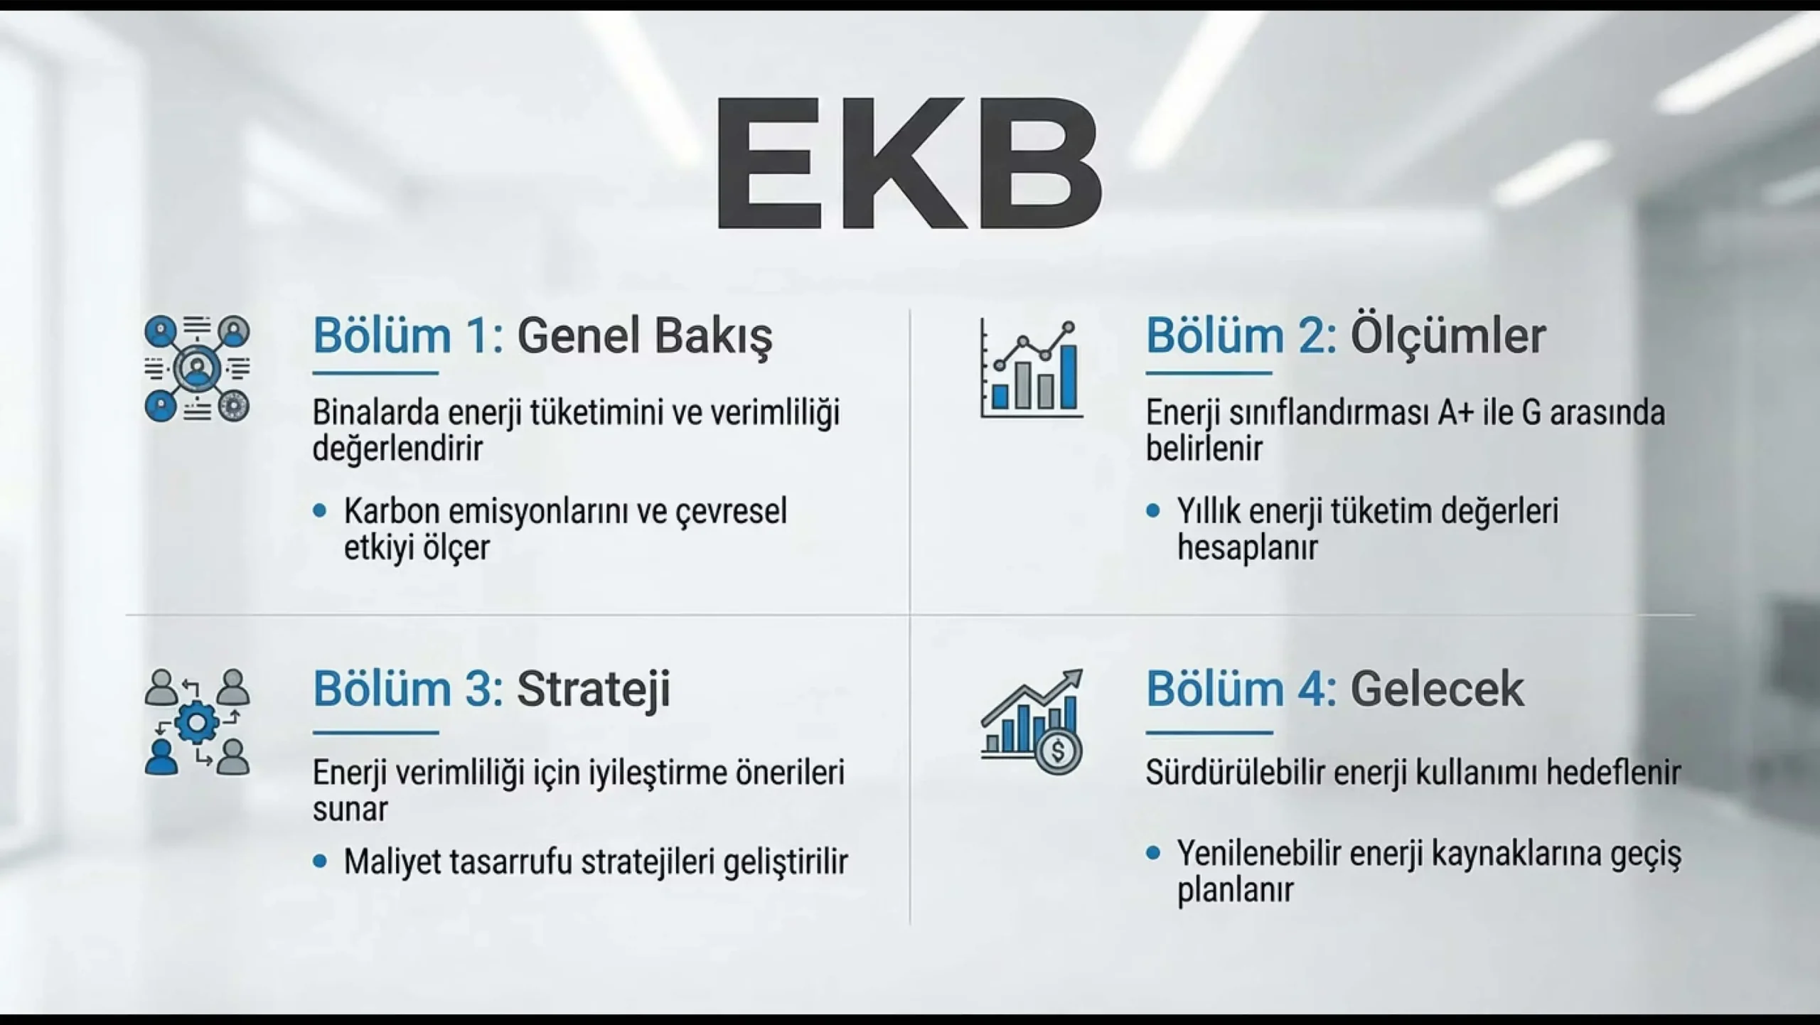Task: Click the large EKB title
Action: [x=909, y=163]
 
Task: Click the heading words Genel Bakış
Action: [x=644, y=337]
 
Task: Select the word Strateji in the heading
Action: [x=594, y=689]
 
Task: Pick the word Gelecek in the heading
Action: [x=1438, y=689]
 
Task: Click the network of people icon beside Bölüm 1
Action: [x=197, y=369]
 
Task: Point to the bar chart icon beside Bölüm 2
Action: [x=1032, y=368]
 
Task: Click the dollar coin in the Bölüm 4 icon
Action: [x=1058, y=751]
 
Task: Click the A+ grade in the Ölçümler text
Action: [x=1456, y=413]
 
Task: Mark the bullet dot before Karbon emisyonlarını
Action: [x=320, y=511]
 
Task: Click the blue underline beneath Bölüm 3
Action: [x=375, y=732]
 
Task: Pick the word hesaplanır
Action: [x=1248, y=548]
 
